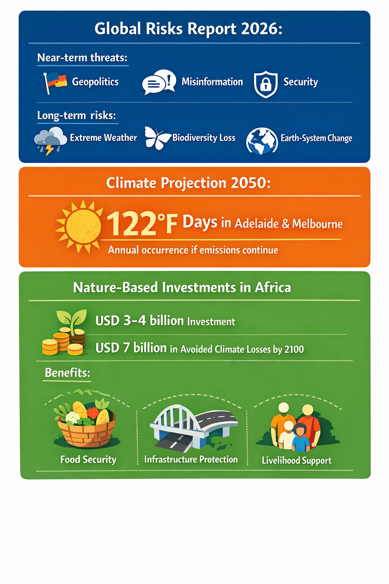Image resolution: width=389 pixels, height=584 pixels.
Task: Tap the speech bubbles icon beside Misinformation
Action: [159, 82]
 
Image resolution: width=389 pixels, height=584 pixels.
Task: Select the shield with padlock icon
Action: [266, 84]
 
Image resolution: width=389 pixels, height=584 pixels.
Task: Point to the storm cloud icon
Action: [50, 141]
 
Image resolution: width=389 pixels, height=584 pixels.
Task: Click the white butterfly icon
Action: [158, 138]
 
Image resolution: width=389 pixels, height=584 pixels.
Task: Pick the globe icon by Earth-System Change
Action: [262, 141]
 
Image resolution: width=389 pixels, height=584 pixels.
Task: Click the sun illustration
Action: [79, 226]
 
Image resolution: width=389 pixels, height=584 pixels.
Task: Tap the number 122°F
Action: [142, 223]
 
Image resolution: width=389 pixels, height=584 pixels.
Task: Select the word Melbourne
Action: [317, 224]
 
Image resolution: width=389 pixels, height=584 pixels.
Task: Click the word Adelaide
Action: [256, 224]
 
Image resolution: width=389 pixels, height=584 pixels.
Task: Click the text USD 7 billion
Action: [131, 348]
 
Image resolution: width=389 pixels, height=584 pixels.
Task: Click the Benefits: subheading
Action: [68, 373]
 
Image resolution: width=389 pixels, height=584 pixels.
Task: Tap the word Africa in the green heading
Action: [272, 287]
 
